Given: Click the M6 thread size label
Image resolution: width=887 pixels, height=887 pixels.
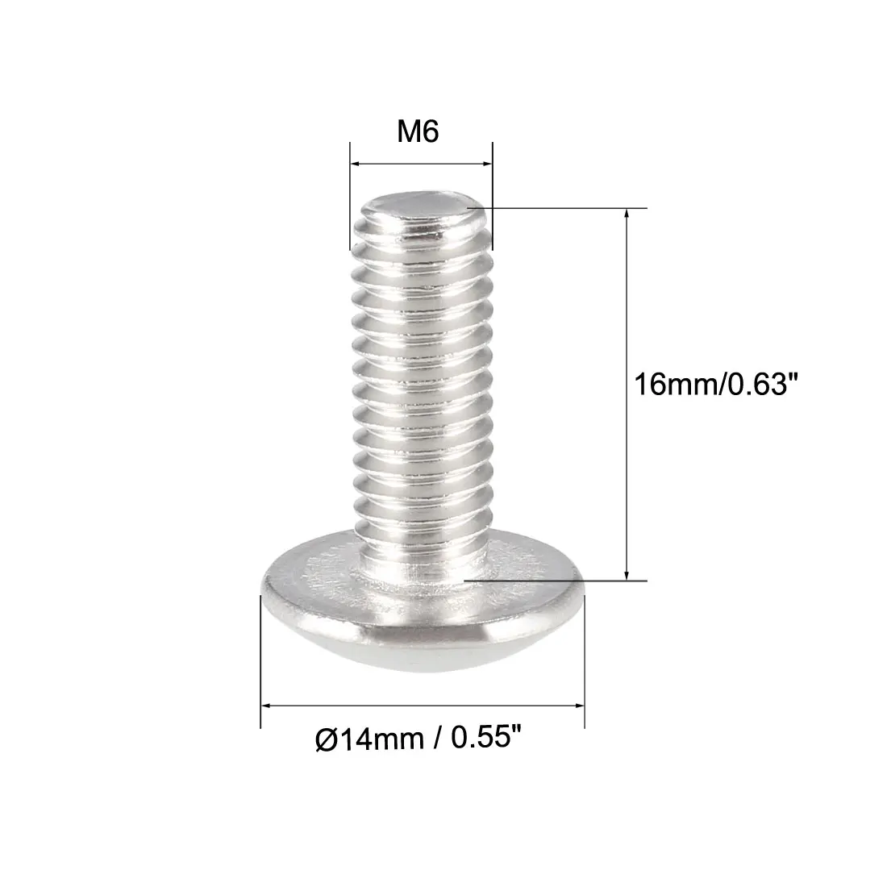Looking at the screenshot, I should pos(417,131).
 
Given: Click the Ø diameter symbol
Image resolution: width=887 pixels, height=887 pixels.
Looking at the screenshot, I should pos(325,739).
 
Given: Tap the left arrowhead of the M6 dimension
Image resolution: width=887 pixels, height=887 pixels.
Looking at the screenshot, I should pos(354,165).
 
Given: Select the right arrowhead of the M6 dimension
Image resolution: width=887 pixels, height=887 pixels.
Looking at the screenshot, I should pos(488,165).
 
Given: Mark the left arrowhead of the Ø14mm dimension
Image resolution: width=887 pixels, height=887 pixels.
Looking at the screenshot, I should pos(265,706).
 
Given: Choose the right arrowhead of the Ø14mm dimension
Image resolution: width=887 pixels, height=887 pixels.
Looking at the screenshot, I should pos(580,706).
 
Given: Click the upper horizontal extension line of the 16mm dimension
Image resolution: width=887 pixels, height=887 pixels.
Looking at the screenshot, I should pos(564,208).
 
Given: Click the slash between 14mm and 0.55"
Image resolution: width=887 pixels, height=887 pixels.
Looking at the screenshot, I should pos(436,739).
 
